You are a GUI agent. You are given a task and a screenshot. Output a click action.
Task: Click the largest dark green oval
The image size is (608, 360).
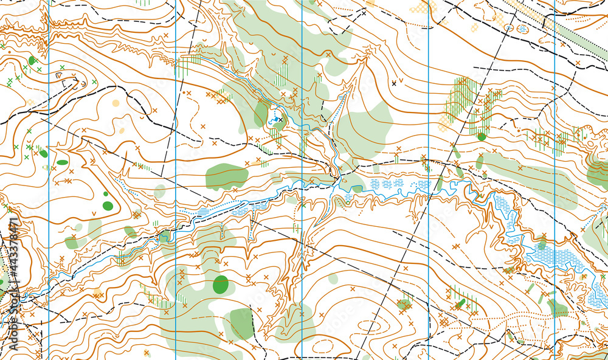click(x=220, y=284)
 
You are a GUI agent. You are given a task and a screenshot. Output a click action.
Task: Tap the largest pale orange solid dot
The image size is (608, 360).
click(x=116, y=103)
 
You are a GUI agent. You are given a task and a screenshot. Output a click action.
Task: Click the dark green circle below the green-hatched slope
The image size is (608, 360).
click(x=482, y=137)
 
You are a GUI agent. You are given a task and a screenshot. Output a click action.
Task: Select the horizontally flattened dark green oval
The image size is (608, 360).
click(x=63, y=162)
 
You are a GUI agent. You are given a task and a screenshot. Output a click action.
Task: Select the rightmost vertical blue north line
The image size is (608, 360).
click(x=554, y=182)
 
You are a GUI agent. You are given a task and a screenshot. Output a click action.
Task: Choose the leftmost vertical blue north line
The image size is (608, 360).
click(x=49, y=182)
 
